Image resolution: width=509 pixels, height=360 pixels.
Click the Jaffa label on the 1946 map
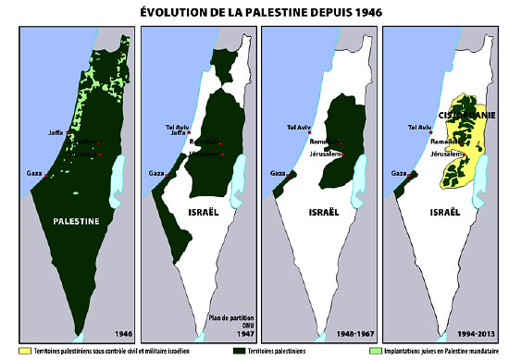coord(56,133)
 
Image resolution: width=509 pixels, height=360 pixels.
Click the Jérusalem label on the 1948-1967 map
coord(322,155)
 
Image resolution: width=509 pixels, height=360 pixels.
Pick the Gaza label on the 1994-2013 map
coord(399,172)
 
